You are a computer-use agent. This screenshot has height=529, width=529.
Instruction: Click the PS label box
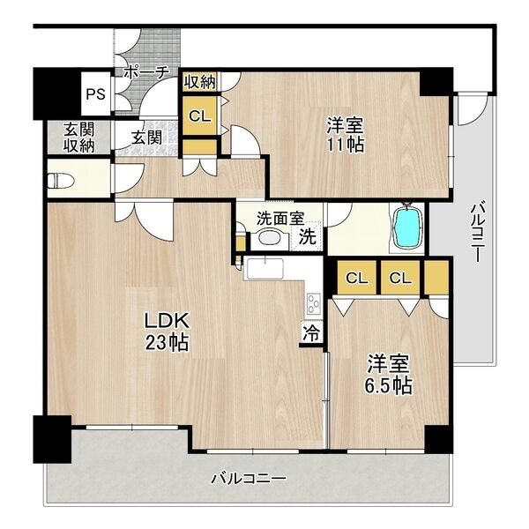(x=96, y=94)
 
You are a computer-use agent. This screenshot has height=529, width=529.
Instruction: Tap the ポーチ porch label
(x=146, y=72)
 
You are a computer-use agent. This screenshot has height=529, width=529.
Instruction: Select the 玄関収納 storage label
(x=79, y=138)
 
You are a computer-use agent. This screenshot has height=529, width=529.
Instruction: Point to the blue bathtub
(x=408, y=228)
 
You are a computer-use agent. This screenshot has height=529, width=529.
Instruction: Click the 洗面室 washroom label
(x=280, y=218)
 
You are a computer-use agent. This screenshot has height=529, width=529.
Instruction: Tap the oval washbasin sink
(x=270, y=237)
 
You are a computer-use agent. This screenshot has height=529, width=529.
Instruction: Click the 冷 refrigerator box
(x=311, y=333)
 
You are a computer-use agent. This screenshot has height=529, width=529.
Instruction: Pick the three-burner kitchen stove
(x=314, y=303)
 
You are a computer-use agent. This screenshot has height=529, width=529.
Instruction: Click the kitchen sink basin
(x=265, y=269)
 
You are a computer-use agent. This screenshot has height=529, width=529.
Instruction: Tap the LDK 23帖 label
(x=167, y=332)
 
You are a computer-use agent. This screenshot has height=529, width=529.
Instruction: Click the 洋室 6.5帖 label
(x=388, y=374)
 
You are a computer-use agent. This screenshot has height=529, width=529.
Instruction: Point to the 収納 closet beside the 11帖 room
(x=200, y=82)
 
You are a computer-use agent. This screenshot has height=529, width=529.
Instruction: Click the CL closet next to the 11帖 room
(x=200, y=115)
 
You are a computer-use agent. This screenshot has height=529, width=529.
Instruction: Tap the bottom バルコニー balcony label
(x=249, y=478)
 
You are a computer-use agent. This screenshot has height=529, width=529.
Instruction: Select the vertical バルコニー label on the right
(x=478, y=231)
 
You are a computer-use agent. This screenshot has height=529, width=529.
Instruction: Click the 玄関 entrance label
(x=146, y=138)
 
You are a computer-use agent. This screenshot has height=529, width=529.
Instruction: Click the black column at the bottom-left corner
(x=52, y=439)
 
